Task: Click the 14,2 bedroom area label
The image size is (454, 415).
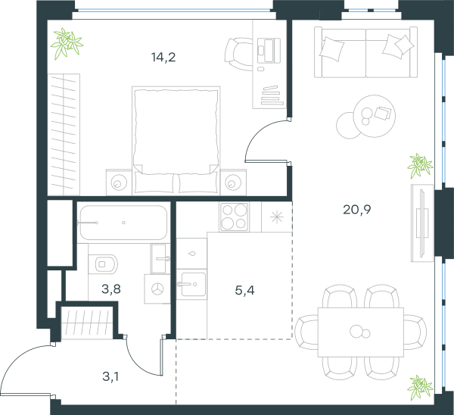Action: (163, 57)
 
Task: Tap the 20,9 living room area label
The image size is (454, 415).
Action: (356, 209)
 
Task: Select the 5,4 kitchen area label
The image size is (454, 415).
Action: (244, 290)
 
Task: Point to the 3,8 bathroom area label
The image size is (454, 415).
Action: (111, 289)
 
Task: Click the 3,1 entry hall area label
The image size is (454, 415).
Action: (110, 376)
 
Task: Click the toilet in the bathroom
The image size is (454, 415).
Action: (103, 264)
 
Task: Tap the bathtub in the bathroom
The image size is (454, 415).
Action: (123, 223)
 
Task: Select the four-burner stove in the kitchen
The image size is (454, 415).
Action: (234, 217)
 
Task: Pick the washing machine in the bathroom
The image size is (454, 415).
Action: (157, 289)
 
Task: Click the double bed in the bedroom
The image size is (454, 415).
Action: (176, 140)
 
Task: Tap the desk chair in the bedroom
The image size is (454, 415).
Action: (238, 55)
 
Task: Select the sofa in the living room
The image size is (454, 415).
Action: (365, 52)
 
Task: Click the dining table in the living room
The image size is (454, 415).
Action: (361, 332)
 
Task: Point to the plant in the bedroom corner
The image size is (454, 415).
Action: (67, 43)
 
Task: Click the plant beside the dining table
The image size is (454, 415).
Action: (420, 388)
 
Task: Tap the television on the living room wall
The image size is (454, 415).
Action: (422, 223)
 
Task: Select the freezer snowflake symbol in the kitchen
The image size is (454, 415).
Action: (276, 217)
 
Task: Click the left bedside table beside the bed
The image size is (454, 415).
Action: (119, 183)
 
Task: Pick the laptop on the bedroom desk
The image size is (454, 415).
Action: (269, 50)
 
